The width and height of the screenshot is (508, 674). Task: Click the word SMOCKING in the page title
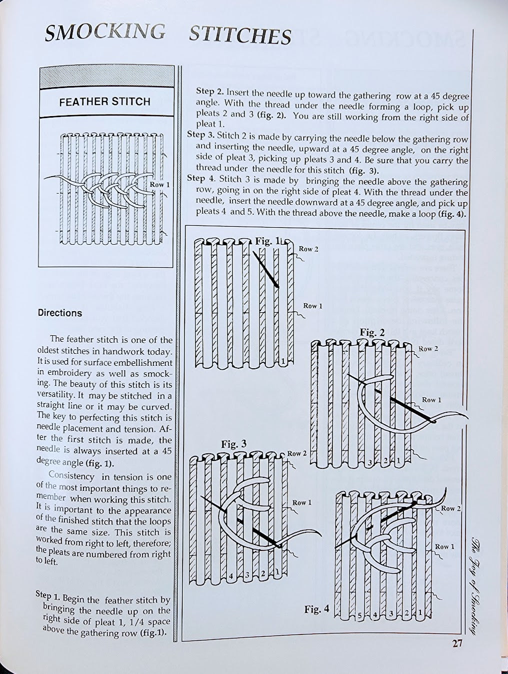104,32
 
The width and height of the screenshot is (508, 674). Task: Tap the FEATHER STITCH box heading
104,102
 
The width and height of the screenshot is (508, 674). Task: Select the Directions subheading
59,313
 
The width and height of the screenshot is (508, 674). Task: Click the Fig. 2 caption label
372,332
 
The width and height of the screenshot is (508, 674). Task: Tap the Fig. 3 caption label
234,444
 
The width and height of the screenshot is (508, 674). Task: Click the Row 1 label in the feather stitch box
160,185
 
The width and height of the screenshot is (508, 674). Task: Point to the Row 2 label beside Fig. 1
308,249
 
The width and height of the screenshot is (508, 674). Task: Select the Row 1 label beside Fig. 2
431,400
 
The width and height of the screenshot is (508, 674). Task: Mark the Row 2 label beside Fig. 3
297,454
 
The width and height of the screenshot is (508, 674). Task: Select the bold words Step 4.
202,178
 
